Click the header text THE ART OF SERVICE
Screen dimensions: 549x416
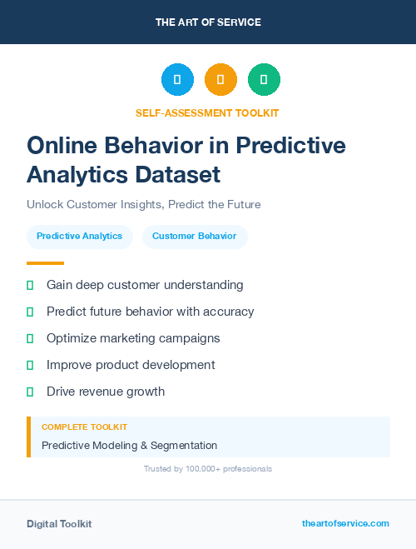pos(208,22)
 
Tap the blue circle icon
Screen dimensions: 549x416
pos(177,80)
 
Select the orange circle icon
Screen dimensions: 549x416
pos(220,80)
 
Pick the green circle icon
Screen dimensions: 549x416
pos(264,80)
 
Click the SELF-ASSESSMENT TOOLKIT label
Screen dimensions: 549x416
pos(207,112)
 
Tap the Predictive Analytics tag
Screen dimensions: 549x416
pos(79,236)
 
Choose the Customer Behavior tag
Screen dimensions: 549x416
pos(194,236)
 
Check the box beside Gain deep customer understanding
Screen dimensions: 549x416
pos(30,285)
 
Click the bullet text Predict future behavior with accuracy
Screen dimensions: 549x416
pos(150,312)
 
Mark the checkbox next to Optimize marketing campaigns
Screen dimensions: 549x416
pos(30,338)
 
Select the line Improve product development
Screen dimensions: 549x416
pos(131,365)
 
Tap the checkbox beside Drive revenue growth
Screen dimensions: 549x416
pos(30,392)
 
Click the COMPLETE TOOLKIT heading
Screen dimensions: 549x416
pos(84,427)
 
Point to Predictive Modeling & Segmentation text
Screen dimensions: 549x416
pos(129,446)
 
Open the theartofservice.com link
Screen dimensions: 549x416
pos(345,523)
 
